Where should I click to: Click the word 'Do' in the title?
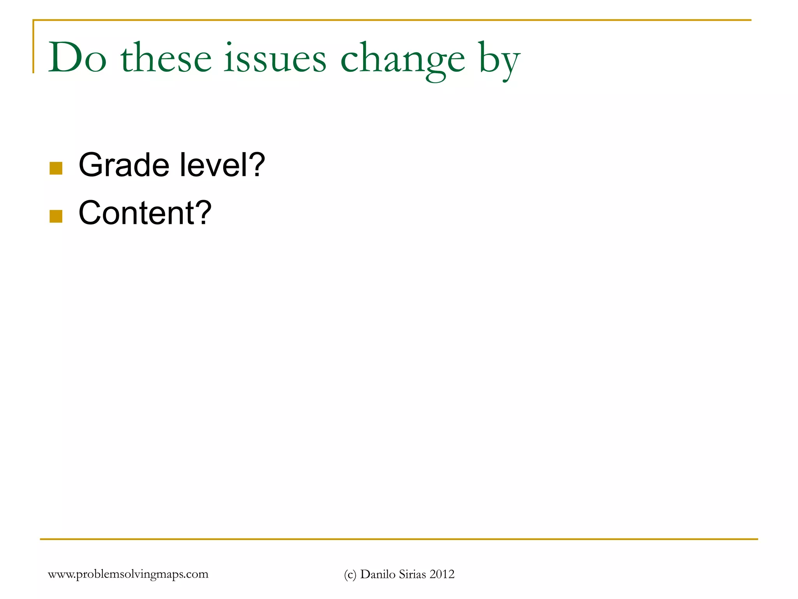tap(77, 58)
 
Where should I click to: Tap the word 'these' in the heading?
tap(166, 58)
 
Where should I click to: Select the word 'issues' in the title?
tap(275, 58)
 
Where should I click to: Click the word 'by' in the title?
tap(500, 60)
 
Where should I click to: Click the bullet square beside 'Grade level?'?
tap(56, 168)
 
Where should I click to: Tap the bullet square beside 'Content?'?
tap(56, 216)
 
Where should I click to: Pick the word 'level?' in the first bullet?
tap(222, 165)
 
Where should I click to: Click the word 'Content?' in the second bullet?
tap(145, 213)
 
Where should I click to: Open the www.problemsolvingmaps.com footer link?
tap(128, 574)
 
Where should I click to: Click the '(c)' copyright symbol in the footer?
tap(350, 574)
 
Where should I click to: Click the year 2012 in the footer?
tap(442, 574)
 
